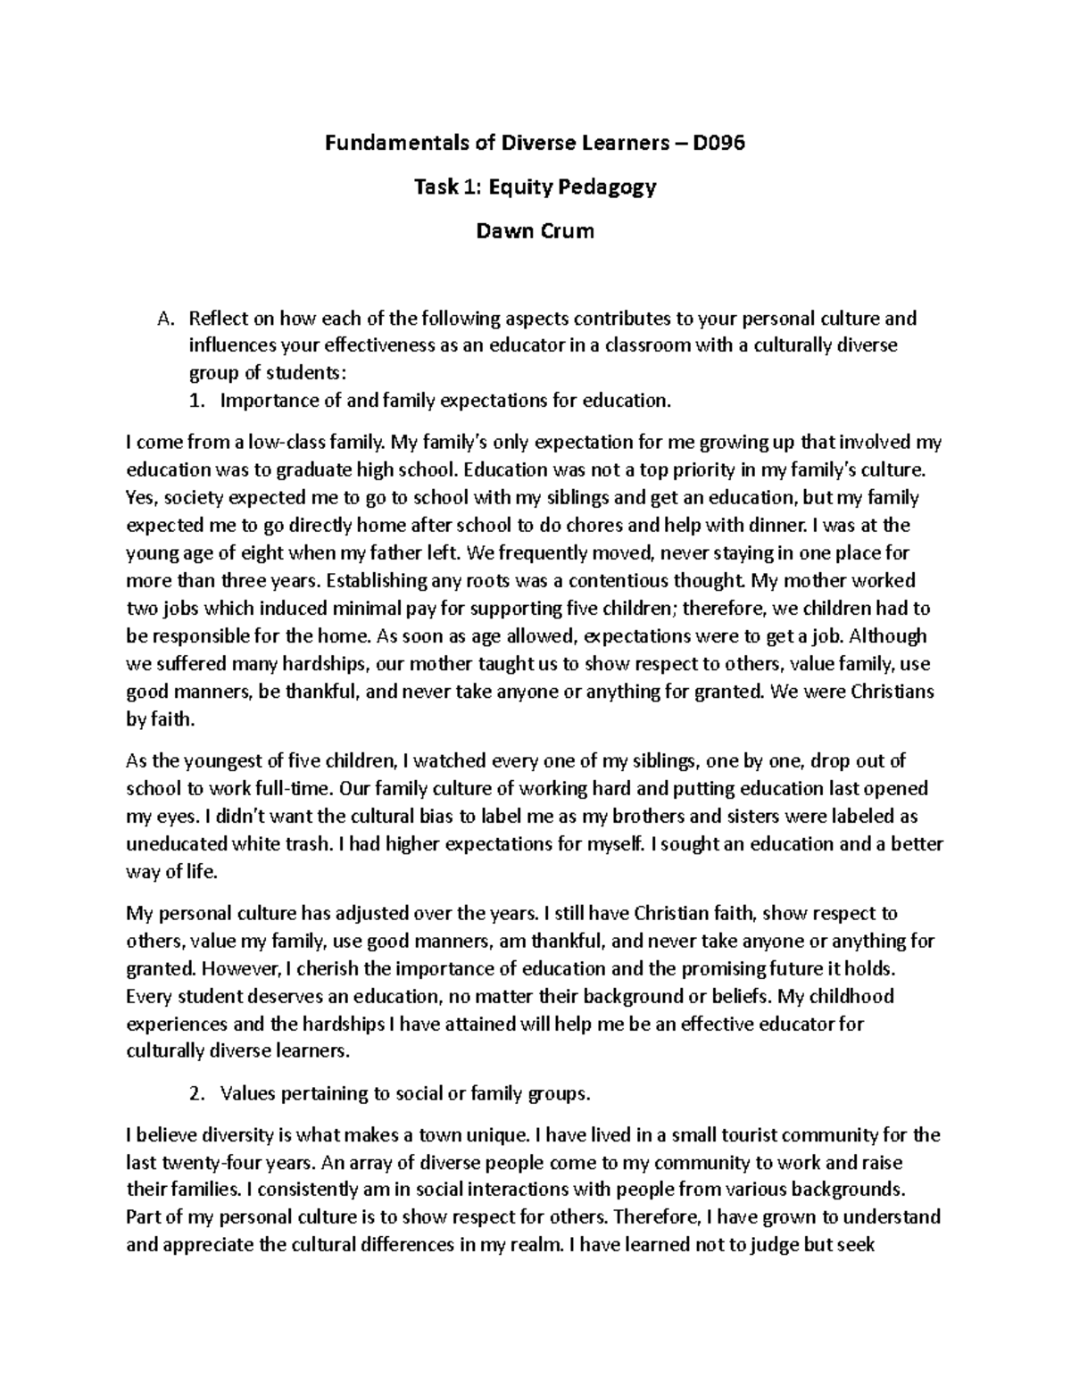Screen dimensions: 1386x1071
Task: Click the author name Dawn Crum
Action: tap(535, 231)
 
